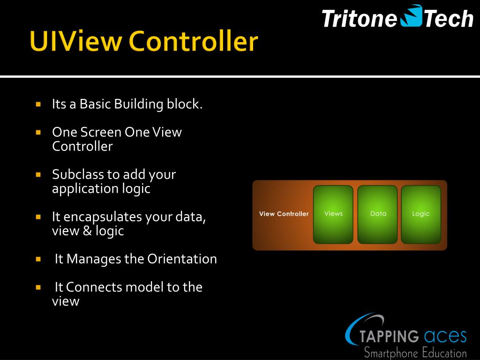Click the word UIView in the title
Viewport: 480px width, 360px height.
coord(75,42)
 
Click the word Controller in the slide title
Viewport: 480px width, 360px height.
coord(193,42)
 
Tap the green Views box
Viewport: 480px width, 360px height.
coord(333,214)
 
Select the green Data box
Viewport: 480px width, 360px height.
coord(378,214)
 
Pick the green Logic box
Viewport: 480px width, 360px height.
coord(421,214)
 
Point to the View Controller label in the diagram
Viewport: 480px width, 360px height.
coord(284,214)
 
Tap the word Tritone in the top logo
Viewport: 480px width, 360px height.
coord(360,19)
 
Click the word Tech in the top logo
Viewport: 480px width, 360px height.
coord(449,19)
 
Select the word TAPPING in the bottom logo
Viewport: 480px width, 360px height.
coord(389,336)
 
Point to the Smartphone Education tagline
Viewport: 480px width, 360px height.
coord(415,352)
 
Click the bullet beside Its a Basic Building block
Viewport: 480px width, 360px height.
coord(38,104)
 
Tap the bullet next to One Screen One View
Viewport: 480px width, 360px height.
coord(38,132)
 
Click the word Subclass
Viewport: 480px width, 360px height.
coord(78,174)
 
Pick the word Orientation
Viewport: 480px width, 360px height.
coord(182,259)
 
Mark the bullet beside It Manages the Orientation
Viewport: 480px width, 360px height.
coord(38,259)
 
